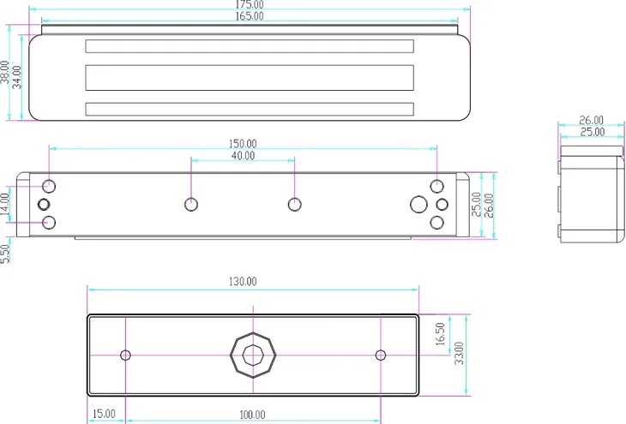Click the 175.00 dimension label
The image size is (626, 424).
point(250,4)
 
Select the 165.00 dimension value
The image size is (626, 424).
point(250,16)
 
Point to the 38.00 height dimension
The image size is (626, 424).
point(4,72)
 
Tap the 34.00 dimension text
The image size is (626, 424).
point(17,77)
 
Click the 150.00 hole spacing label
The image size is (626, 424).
point(243,144)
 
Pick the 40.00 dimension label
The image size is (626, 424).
point(243,156)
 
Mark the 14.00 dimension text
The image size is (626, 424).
point(4,204)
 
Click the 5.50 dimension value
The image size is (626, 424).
point(4,254)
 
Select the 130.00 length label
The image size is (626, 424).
point(243,282)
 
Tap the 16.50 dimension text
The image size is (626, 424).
point(440,334)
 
